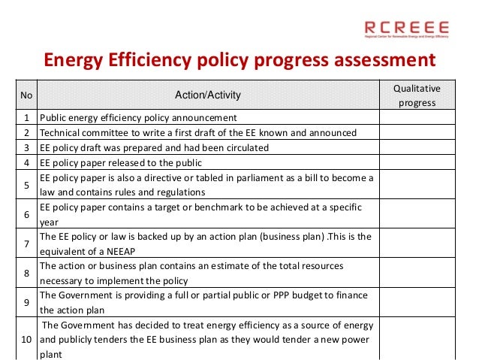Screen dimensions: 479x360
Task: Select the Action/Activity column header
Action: (x=207, y=95)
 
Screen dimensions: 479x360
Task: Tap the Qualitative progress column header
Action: (x=417, y=95)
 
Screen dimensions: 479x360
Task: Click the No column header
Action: (x=26, y=95)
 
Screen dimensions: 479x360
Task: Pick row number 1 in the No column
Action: (x=26, y=118)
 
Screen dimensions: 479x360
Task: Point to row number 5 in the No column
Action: (x=26, y=185)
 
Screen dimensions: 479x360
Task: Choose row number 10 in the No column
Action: (x=26, y=339)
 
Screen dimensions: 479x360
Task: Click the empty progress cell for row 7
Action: (x=417, y=244)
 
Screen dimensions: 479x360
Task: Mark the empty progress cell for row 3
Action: (x=417, y=148)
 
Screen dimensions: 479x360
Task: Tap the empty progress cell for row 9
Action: (x=417, y=302)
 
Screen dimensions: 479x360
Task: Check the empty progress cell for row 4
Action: (x=417, y=162)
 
